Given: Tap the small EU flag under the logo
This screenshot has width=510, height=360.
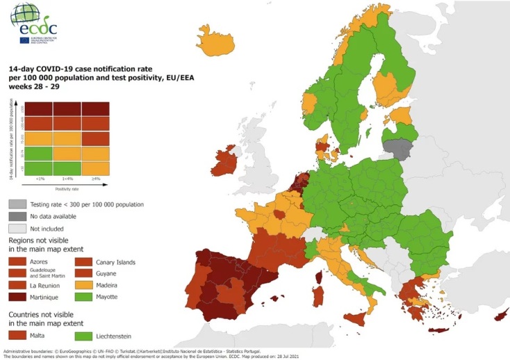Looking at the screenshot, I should (x=24, y=40).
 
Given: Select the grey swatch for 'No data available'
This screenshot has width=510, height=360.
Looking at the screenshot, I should (x=17, y=216).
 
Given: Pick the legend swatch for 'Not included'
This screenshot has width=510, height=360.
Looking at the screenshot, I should (x=17, y=228).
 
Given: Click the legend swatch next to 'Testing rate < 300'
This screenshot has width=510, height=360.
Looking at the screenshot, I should (x=17, y=204).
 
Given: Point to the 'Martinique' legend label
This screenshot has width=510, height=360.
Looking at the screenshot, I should (x=46, y=297).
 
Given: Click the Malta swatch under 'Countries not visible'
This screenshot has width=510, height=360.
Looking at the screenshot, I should (x=17, y=336).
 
